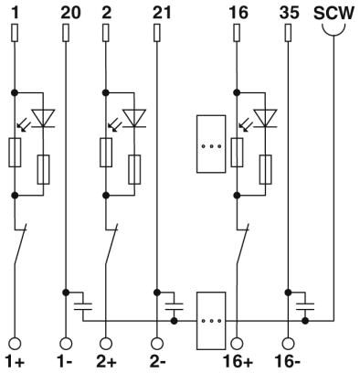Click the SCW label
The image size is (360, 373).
(334, 14)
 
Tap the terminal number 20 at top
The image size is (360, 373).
(71, 13)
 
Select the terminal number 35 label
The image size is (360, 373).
(289, 13)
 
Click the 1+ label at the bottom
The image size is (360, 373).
(15, 362)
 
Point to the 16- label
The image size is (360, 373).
(288, 362)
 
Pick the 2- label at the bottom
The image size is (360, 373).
(158, 362)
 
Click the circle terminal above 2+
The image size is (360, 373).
(106, 344)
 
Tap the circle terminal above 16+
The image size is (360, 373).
(237, 344)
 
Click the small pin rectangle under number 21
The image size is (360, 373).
(157, 33)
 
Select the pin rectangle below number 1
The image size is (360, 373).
(15, 33)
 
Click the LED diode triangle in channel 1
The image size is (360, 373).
(43, 118)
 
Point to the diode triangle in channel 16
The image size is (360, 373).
(265, 118)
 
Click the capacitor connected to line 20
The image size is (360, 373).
(83, 306)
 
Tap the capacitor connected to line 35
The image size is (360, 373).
(305, 306)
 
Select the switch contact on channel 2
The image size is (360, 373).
(111, 244)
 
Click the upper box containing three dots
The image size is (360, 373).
(211, 144)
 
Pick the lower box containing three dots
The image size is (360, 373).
(211, 321)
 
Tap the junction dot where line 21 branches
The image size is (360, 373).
(157, 293)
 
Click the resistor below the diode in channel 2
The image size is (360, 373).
(134, 170)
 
